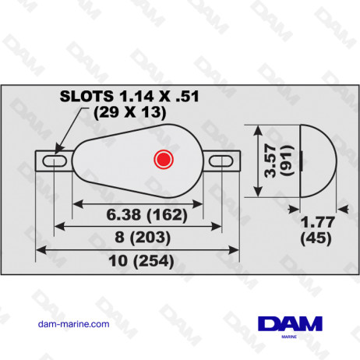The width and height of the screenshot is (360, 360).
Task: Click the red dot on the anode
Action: pyautogui.click(x=163, y=160)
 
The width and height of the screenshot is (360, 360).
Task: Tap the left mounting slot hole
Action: pyautogui.click(x=54, y=161)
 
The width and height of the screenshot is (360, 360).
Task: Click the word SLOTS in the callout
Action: pyautogui.click(x=86, y=97)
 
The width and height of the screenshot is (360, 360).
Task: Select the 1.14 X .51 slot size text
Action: pyautogui.click(x=155, y=97)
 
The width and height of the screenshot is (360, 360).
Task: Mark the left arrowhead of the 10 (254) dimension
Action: pyautogui.click(x=41, y=249)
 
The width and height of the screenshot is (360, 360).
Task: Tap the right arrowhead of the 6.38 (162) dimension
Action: pyautogui.click(x=201, y=200)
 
